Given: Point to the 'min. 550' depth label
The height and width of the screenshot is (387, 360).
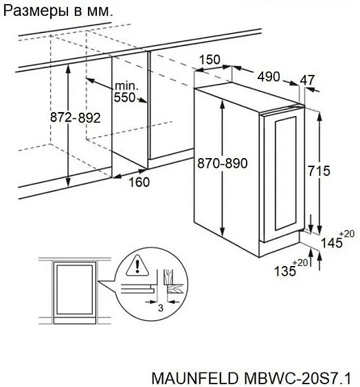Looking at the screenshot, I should tap(126, 91).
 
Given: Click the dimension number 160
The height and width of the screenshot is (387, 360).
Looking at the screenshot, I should tap(139, 182).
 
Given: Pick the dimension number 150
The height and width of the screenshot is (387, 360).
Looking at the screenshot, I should tap(210, 60).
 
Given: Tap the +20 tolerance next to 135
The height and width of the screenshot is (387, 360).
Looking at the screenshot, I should tap(301, 263).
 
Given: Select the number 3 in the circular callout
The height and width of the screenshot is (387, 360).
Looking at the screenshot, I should tap(159, 307).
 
